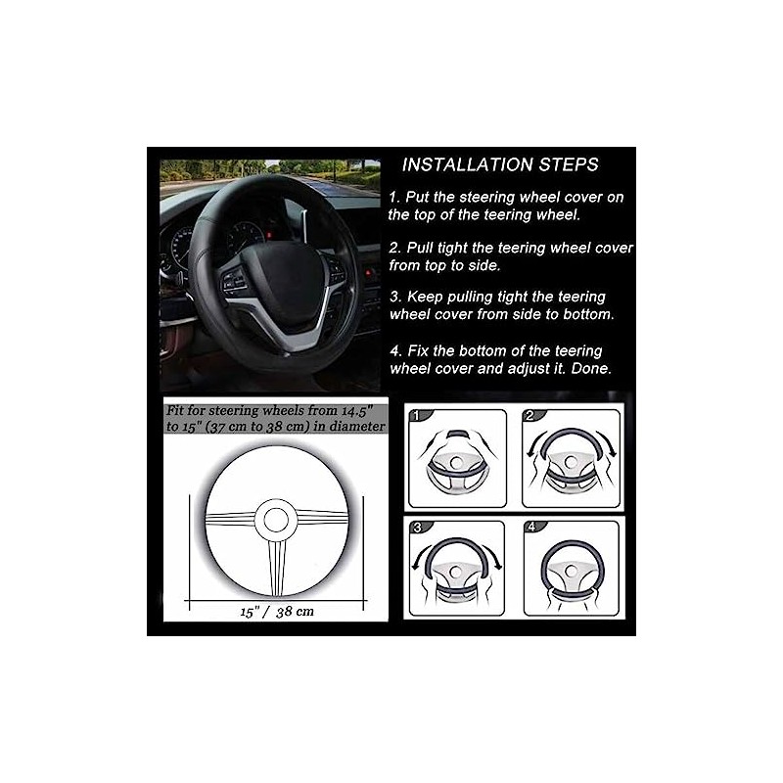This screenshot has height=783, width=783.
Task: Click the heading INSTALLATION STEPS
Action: coord(500,164)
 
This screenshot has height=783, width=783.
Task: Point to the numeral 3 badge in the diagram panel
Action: coord(419,529)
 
